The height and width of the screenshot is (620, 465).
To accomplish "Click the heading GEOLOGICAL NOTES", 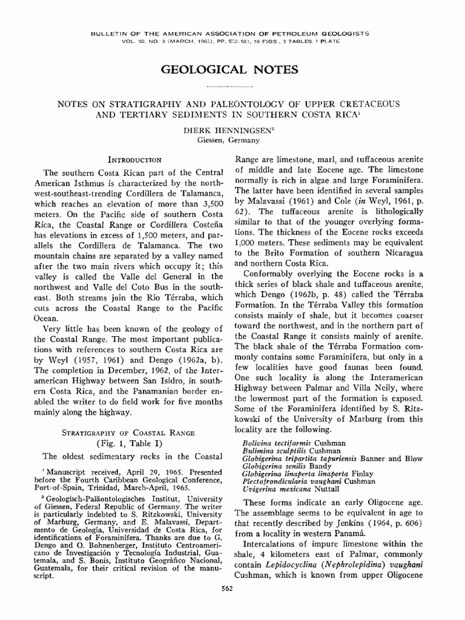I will (229, 70).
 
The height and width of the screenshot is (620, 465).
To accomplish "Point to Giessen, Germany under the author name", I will (228, 140).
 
